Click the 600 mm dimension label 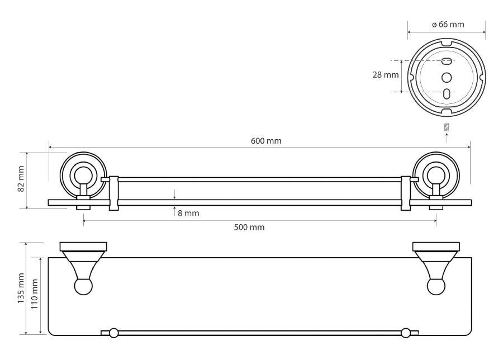[266, 141]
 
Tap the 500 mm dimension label [249, 227]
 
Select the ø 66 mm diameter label [448, 25]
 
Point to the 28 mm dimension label [385, 75]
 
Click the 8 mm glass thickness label [188, 213]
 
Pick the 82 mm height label [21, 179]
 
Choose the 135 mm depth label [21, 288]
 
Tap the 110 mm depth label [34, 294]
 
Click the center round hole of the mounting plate [447, 77]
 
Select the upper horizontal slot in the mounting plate [447, 60]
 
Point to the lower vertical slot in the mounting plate [447, 94]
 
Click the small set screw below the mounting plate [447, 127]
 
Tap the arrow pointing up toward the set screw [447, 138]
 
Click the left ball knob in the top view [83, 287]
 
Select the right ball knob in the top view [436, 287]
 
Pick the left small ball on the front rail [113, 333]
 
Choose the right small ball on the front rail [406, 333]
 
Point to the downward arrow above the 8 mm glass [174, 194]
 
